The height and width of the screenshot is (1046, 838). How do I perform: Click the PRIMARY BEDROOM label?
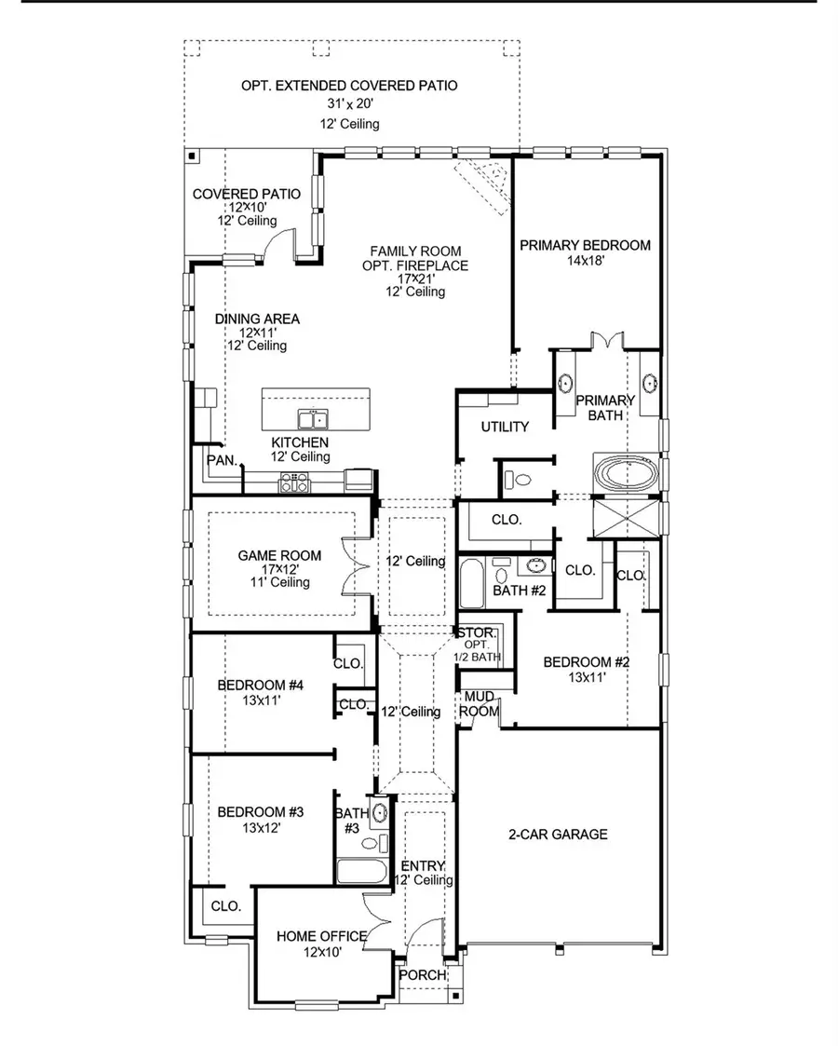coord(585,245)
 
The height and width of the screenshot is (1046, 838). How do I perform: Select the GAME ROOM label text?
coord(279,555)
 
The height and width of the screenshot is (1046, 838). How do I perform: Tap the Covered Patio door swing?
coord(277,245)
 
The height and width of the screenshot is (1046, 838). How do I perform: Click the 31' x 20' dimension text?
coord(349,104)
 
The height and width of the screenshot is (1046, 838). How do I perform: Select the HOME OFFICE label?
coord(321,935)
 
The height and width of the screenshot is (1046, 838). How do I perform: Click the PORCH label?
coord(422,974)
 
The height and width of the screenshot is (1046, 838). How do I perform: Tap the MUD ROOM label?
coord(480,704)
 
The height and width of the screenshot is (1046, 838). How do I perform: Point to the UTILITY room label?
coord(505,427)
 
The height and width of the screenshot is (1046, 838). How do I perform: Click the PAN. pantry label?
coord(221,459)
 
